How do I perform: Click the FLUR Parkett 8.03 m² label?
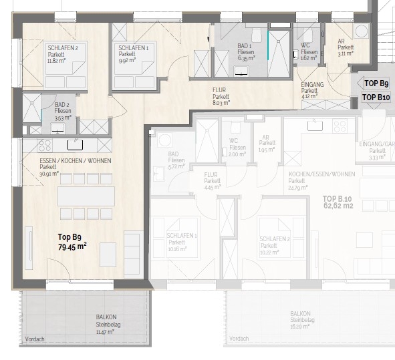point(221,96)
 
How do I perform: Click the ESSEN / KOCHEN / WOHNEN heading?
point(66,162)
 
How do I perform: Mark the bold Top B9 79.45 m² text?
point(70,241)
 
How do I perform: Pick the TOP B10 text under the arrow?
point(376,98)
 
